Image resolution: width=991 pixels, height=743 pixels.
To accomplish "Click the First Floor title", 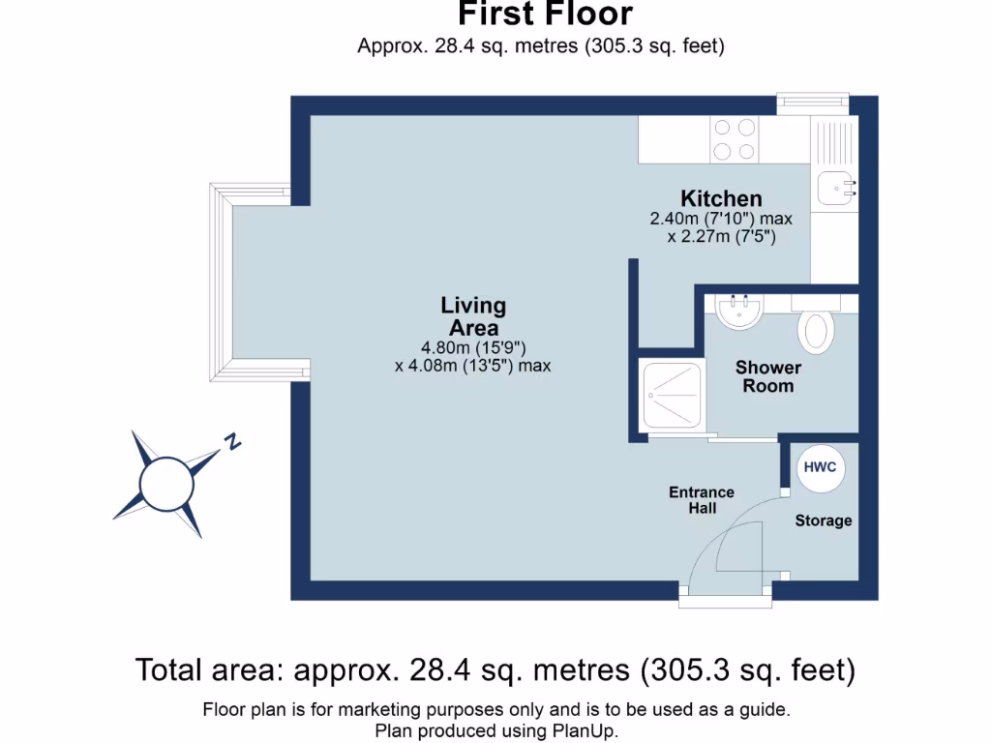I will (x=545, y=15).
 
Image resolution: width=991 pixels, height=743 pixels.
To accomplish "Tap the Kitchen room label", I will (x=721, y=198).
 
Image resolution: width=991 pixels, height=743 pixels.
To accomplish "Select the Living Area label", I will (x=473, y=316).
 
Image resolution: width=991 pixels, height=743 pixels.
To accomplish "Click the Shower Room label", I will (x=767, y=376).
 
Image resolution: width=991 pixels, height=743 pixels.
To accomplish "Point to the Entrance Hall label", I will (x=702, y=499).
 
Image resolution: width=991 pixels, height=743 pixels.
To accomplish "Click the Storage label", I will (x=824, y=520).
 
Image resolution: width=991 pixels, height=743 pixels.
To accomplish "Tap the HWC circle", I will (x=821, y=467).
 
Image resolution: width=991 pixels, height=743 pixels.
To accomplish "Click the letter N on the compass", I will (x=232, y=443).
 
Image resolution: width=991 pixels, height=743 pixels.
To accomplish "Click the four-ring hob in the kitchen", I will (x=735, y=139).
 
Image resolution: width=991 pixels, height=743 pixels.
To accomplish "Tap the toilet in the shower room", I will (x=816, y=329).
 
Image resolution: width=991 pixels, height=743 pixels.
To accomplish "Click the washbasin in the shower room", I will (x=740, y=309).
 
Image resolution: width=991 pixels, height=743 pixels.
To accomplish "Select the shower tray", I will (x=671, y=395).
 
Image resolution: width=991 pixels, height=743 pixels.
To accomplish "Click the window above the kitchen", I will (x=813, y=101).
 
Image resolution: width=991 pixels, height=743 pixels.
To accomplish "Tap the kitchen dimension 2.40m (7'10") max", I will (x=721, y=219).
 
